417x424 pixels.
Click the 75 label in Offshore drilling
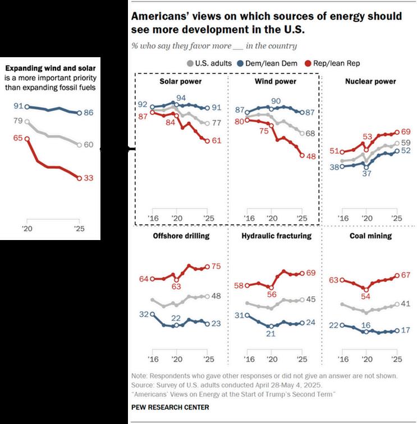pyautogui.click(x=216, y=267)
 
